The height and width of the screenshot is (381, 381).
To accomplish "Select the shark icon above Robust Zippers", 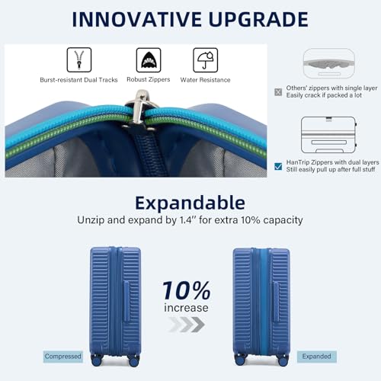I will (148, 59).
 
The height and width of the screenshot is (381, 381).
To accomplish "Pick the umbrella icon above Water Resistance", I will (204, 59).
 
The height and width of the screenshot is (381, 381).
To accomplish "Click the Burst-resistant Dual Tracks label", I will (79, 79).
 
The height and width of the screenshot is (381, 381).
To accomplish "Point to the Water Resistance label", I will (205, 79).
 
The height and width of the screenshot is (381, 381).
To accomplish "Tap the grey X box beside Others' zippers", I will (278, 91).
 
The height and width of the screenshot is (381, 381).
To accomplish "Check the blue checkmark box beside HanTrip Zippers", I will (278, 165).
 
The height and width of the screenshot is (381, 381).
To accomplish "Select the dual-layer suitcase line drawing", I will (328, 136).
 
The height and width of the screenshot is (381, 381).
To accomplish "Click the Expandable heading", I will (190, 202).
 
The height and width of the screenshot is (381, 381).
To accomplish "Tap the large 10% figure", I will (186, 290).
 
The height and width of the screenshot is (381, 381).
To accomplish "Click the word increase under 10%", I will (186, 308).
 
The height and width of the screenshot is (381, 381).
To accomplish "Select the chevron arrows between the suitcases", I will (186, 325).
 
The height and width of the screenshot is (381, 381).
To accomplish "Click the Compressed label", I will (62, 357).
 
